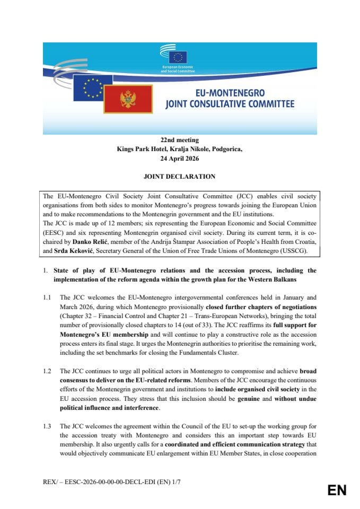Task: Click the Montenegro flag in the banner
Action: (x=128, y=98)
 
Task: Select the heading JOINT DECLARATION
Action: (x=180, y=177)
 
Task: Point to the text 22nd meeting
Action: (x=180, y=140)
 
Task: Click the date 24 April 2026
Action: (x=180, y=158)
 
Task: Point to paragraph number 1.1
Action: (x=47, y=298)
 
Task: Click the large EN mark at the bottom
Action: (x=337, y=490)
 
